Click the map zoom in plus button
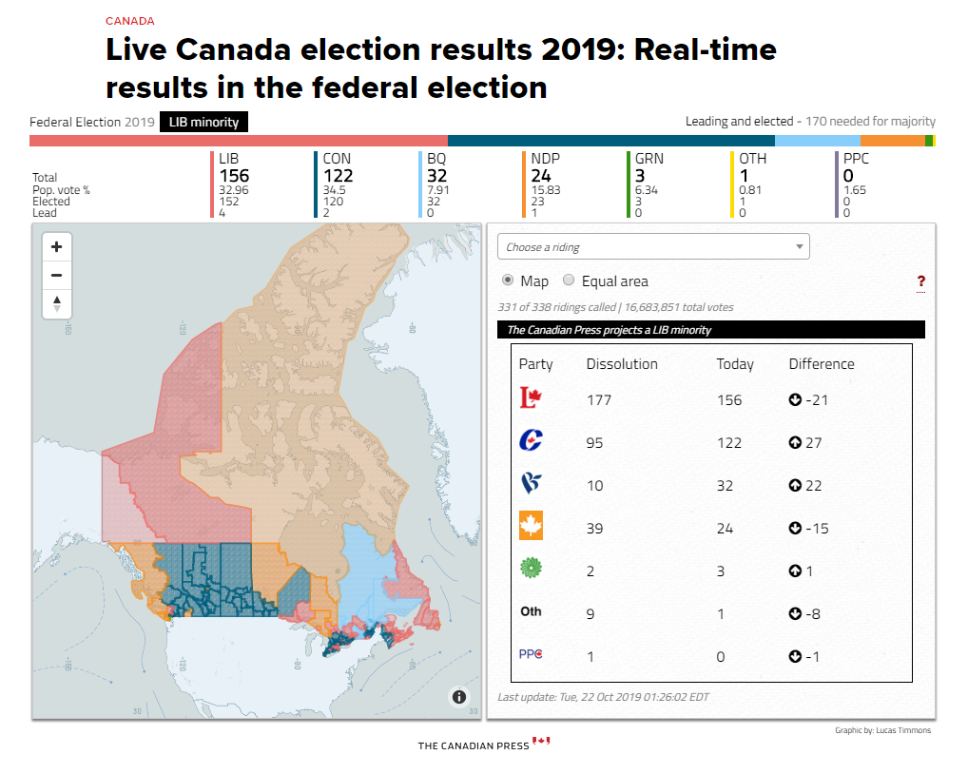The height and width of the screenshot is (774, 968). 57,247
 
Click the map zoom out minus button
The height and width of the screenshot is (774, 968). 57,276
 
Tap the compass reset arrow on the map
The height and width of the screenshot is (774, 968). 57,303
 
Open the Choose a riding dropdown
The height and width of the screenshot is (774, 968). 653,247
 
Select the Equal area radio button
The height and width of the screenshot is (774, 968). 569,281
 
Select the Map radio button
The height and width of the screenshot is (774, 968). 508,281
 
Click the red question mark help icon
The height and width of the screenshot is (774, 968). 920,282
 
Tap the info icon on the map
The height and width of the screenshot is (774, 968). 458,697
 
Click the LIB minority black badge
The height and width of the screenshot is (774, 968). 203,123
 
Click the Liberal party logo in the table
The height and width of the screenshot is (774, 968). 531,397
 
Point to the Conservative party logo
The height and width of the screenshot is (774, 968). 531,440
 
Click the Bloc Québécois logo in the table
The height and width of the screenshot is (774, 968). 531,483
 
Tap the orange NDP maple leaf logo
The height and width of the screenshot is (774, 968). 531,525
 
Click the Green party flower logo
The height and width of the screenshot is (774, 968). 531,568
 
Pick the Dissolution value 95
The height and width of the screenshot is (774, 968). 594,442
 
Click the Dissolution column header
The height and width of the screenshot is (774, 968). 622,364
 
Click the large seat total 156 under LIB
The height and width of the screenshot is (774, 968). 234,176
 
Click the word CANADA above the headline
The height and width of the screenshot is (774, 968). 129,21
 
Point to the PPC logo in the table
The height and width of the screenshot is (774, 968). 531,654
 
